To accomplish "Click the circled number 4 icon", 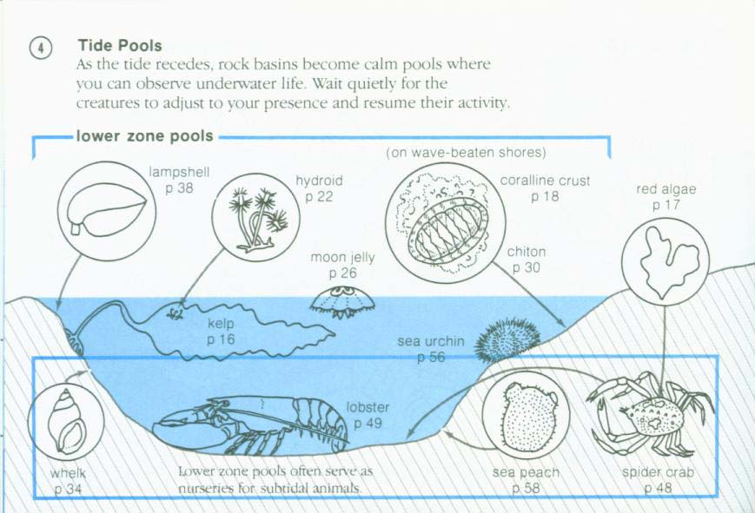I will click(x=40, y=49).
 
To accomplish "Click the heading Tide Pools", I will click(x=120, y=44).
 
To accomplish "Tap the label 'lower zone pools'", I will click(x=144, y=136).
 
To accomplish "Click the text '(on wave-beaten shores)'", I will click(x=466, y=153).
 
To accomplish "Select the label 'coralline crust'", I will click(x=546, y=181).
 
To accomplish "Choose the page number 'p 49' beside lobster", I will click(x=368, y=423).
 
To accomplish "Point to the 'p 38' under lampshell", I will click(x=179, y=187).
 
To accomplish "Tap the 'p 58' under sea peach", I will click(x=526, y=489).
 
